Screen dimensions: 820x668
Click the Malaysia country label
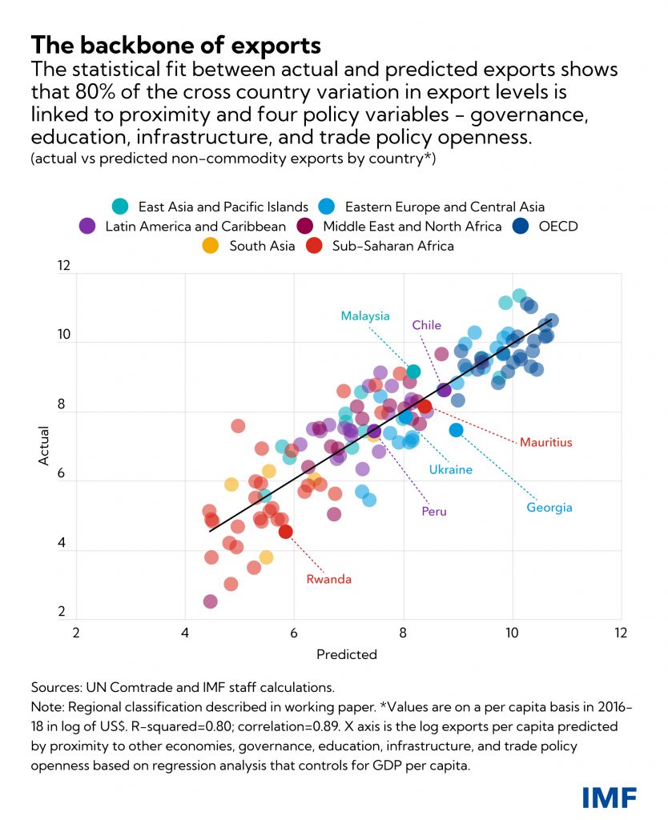pos(365,316)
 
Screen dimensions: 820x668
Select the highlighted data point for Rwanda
pos(285,531)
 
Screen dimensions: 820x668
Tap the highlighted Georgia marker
pos(457,430)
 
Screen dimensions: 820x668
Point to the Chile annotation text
pos(427,325)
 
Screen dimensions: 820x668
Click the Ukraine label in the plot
pos(450,469)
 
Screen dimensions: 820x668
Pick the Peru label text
pos(434,512)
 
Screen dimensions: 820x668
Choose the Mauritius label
pos(545,441)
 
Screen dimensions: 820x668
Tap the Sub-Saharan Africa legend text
pos(392,246)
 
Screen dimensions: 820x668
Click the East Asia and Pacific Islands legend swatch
pos(120,207)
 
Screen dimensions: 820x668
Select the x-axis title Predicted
pos(347,654)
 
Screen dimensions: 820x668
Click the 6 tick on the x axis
pos(294,631)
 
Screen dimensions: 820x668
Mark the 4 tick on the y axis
pos(63,552)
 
